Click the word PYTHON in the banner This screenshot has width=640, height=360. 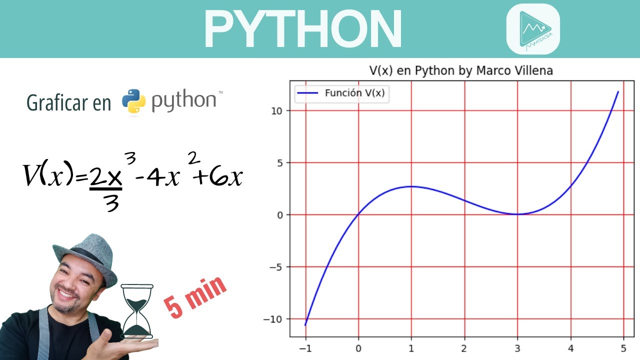point(302,28)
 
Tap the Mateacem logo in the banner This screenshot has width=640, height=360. point(533,29)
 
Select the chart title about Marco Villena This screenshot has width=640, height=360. point(461,70)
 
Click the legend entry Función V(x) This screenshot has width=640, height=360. point(354,92)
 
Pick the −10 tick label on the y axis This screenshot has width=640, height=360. point(275,319)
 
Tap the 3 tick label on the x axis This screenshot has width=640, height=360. point(517,348)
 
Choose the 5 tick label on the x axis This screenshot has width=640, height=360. point(623,348)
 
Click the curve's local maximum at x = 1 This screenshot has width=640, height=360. point(411,186)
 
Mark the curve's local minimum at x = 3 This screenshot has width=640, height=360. point(517,214)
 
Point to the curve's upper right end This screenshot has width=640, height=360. point(618,92)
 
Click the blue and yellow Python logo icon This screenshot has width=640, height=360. point(133,101)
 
